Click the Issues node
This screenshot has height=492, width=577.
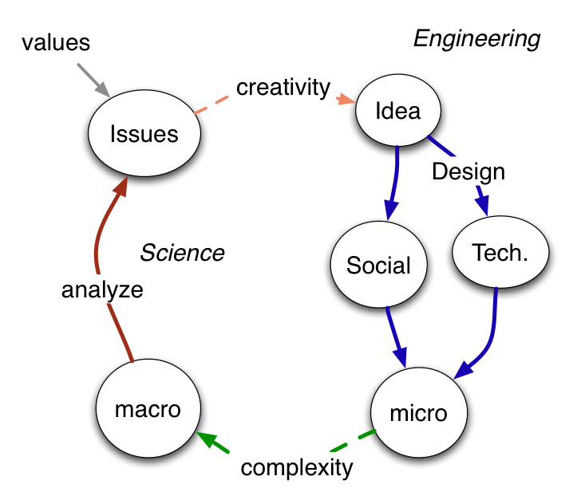tap(144, 133)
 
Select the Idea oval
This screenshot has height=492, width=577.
tap(397, 110)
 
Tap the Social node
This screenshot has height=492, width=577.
tap(378, 265)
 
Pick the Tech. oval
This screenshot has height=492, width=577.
tap(500, 252)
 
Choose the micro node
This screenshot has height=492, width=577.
tap(418, 413)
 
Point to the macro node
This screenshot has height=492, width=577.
tap(148, 409)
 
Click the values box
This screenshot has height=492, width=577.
tap(56, 43)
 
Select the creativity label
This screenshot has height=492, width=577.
tap(283, 86)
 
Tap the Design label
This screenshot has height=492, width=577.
tap(468, 171)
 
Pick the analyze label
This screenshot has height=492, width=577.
tap(102, 289)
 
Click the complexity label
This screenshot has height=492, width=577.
tap(296, 466)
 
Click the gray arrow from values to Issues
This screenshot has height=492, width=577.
tap(95, 81)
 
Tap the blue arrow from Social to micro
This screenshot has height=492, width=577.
tap(397, 338)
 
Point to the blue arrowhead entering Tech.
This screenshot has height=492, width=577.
tap(484, 206)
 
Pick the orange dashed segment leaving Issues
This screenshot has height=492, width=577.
tap(209, 104)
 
